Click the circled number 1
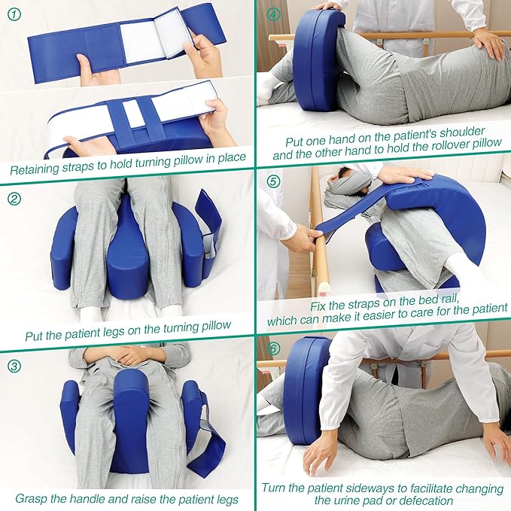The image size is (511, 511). point(16,14)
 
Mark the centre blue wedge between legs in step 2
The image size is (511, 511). point(129,256)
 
